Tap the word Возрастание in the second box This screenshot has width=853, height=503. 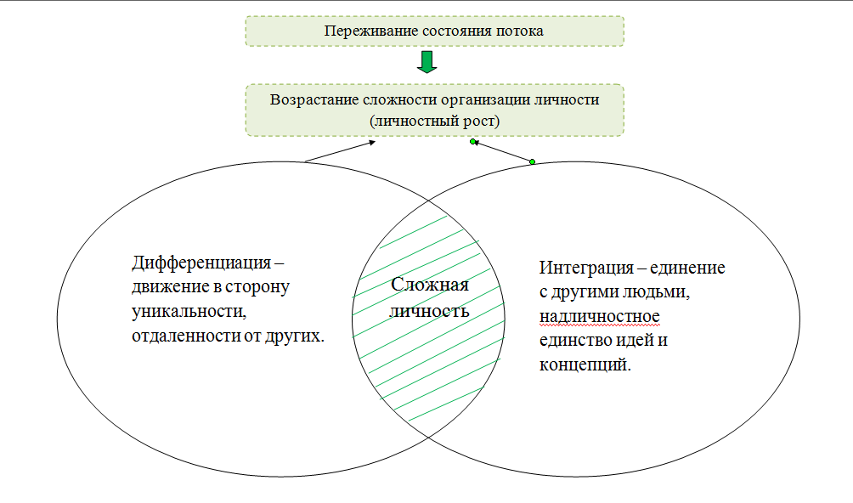(310, 99)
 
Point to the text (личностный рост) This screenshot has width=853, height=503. (434, 121)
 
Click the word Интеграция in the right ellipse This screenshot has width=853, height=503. (585, 268)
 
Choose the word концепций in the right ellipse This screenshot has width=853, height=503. (585, 365)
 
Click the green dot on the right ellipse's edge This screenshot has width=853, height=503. (532, 161)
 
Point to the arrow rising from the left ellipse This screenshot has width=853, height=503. (340, 151)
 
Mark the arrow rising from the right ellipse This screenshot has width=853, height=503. (501, 151)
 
